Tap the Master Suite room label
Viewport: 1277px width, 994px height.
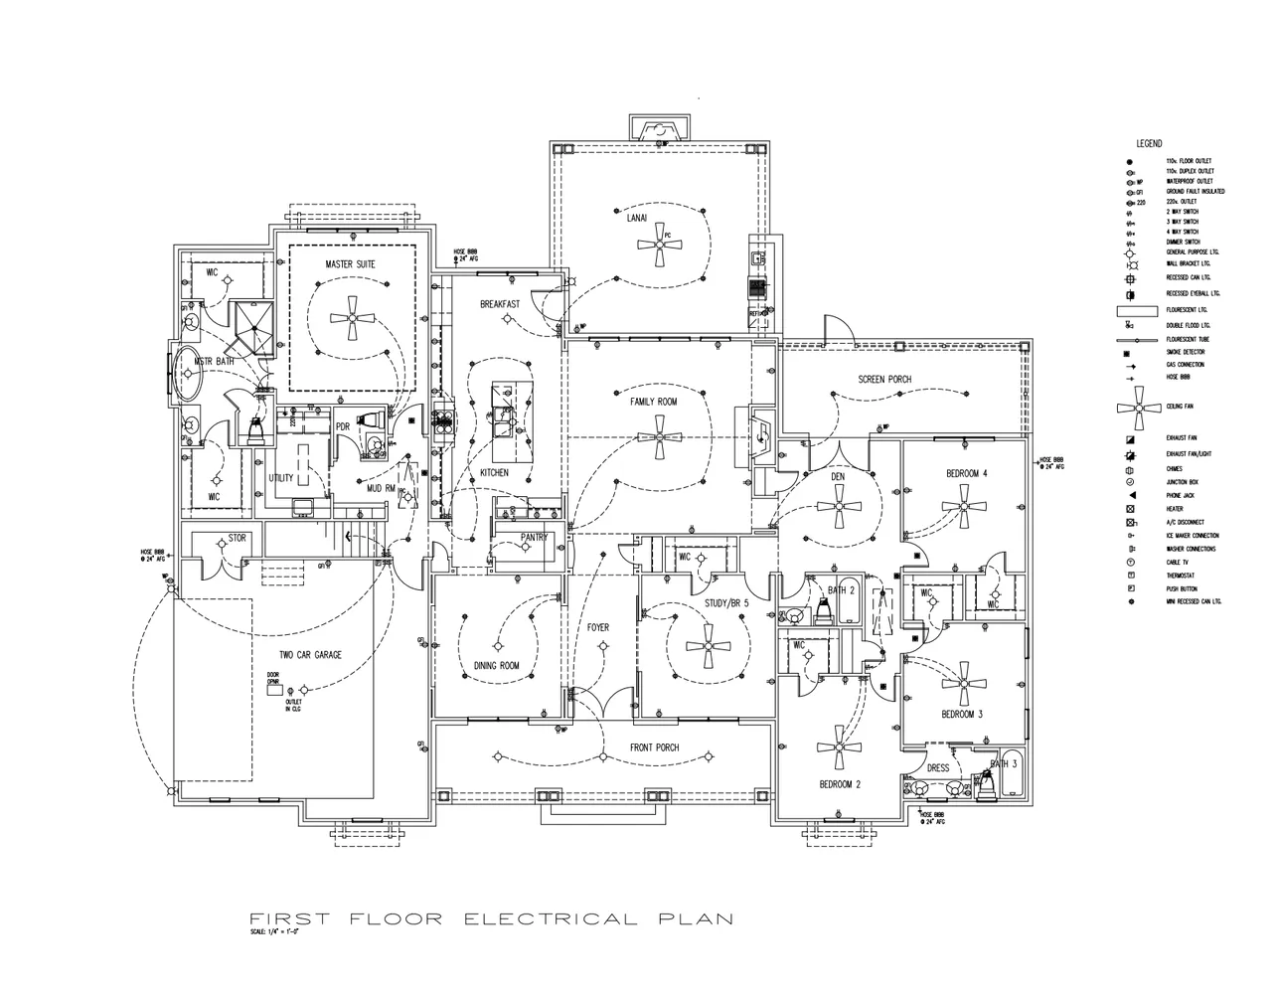(x=350, y=263)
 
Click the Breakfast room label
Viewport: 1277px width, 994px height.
(x=500, y=304)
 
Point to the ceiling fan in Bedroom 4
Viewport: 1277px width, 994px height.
(x=962, y=507)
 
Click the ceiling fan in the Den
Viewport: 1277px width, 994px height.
(x=838, y=507)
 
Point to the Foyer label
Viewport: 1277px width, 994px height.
(x=597, y=627)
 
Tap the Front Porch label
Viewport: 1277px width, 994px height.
(x=654, y=747)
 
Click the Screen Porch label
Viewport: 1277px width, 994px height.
(x=884, y=380)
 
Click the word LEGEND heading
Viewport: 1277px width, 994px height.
(x=1149, y=144)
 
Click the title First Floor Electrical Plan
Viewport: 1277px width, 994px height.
(x=491, y=918)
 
